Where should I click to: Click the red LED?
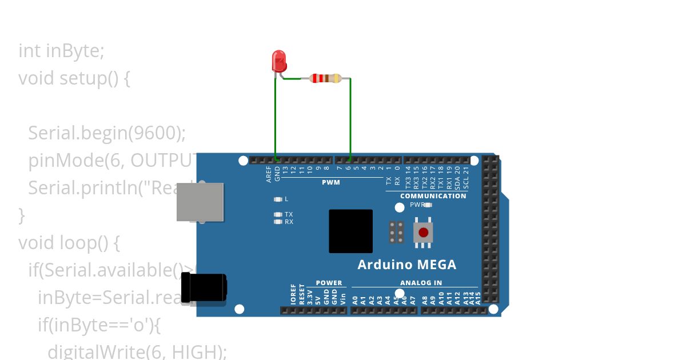(279, 61)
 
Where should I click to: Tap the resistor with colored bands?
(325, 78)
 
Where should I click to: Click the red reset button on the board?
(424, 232)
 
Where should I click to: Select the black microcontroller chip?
(350, 231)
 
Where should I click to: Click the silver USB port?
(200, 202)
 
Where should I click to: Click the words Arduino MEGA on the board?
(406, 265)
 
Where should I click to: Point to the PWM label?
(331, 183)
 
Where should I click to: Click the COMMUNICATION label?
(433, 196)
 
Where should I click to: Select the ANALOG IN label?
(421, 283)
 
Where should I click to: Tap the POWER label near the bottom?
(329, 283)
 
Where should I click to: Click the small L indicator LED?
(278, 199)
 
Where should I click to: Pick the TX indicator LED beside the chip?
(278, 215)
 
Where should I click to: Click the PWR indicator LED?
(428, 205)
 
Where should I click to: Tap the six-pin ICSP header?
(396, 233)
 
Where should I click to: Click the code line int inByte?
(61, 51)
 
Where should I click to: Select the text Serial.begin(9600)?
(107, 133)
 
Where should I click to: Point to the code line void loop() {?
(69, 243)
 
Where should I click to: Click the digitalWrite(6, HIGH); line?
(137, 351)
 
